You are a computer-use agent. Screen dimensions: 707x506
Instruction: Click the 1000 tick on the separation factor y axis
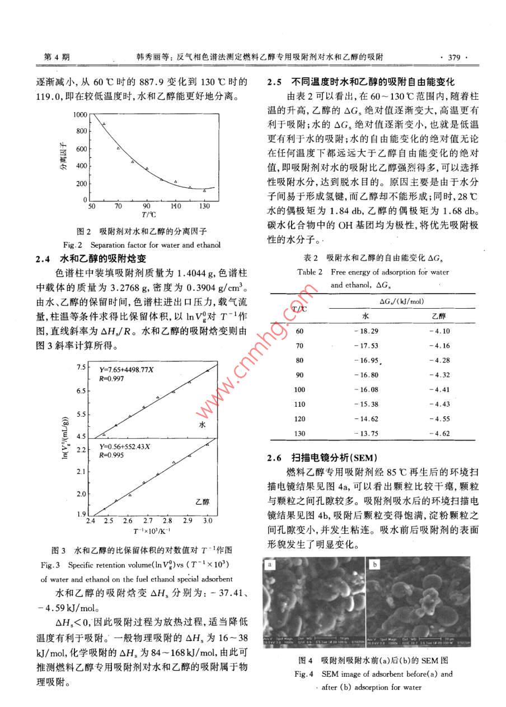pyautogui.click(x=81, y=114)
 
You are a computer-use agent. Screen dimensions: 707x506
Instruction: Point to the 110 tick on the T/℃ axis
pyautogui.click(x=176, y=206)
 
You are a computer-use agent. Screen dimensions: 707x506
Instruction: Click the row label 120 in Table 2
pyautogui.click(x=300, y=418)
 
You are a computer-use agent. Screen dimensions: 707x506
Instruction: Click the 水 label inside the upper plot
pyautogui.click(x=203, y=426)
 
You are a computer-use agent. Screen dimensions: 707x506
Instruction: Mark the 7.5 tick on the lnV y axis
pyautogui.click(x=82, y=367)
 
